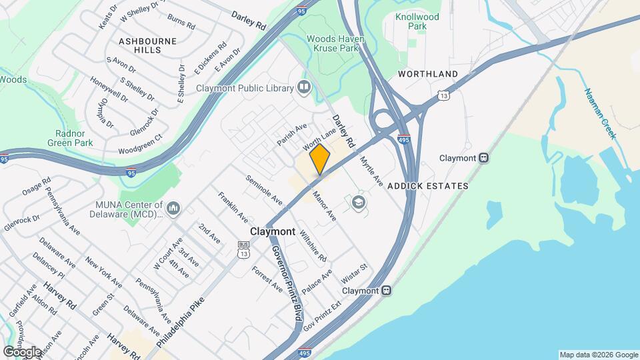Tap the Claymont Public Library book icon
coord(305,87)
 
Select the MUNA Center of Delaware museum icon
coord(174,209)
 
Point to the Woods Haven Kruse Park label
coord(335,44)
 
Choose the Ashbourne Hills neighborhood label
coord(147,45)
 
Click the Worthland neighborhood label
coord(428,73)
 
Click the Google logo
coord(22,351)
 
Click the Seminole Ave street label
coord(264,190)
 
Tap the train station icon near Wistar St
coord(385,291)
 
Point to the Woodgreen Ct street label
coord(140,145)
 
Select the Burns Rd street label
coord(181,21)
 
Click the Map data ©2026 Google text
coord(598,355)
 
